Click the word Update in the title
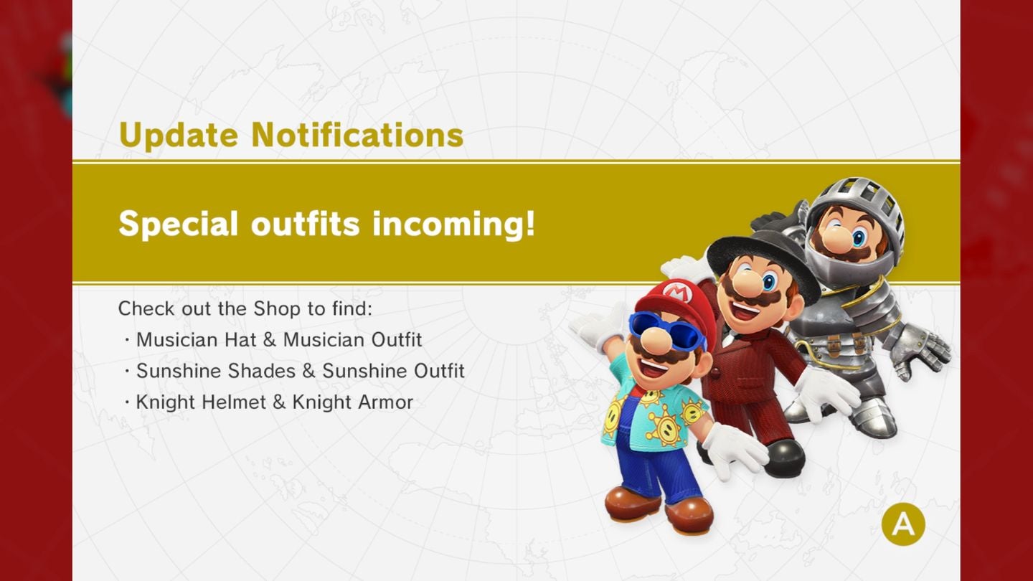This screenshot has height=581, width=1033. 179,135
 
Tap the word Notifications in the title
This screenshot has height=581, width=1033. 357,134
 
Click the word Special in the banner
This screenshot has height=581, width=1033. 178,224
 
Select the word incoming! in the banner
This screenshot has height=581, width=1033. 454,224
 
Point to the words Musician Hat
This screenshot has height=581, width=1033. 196,340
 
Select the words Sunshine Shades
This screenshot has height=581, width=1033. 216,371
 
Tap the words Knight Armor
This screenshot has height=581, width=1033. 353,402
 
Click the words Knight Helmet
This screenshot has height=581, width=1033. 201,402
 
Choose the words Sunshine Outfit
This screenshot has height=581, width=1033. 393,371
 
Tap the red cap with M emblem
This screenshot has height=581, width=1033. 674,303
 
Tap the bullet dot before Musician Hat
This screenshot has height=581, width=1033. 126,341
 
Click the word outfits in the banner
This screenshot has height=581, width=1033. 306,224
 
